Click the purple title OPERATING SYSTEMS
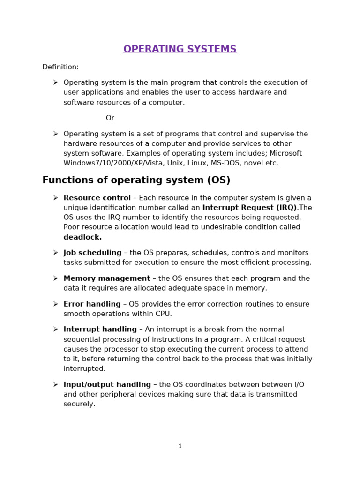pyautogui.click(x=180, y=49)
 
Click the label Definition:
pyautogui.click(x=60, y=67)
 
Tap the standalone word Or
pyautogui.click(x=110, y=118)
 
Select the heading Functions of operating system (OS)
pyautogui.click(x=136, y=180)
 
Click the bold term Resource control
pyautogui.click(x=97, y=198)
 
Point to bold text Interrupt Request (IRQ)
pyautogui.click(x=250, y=208)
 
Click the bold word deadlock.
pyautogui.click(x=82, y=237)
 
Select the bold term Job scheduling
pyautogui.click(x=92, y=253)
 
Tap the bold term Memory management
pyautogui.click(x=107, y=278)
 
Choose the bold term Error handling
pyautogui.click(x=92, y=304)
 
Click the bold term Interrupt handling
pyautogui.click(x=100, y=330)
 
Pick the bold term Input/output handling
pyautogui.click(x=107, y=384)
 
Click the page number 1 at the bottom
pyautogui.click(x=180, y=446)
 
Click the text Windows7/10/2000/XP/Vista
pyautogui.click(x=109, y=163)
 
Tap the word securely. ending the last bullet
pyautogui.click(x=79, y=404)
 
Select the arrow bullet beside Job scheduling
pyautogui.click(x=55, y=253)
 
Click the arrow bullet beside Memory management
pyautogui.click(x=55, y=278)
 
